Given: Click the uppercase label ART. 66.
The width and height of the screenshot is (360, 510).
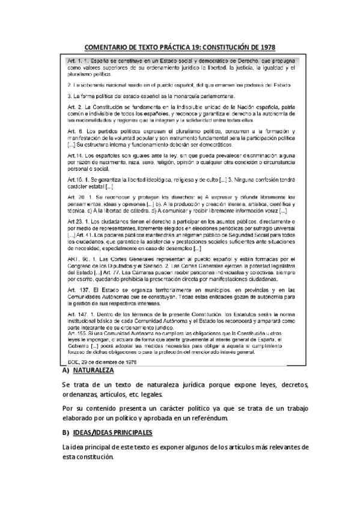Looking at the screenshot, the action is click(76, 258).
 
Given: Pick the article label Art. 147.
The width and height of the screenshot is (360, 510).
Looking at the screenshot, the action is click(78, 313).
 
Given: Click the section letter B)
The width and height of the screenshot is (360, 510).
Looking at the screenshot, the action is click(66, 432).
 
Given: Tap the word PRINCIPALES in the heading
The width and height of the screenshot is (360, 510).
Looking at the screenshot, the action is click(127, 432).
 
